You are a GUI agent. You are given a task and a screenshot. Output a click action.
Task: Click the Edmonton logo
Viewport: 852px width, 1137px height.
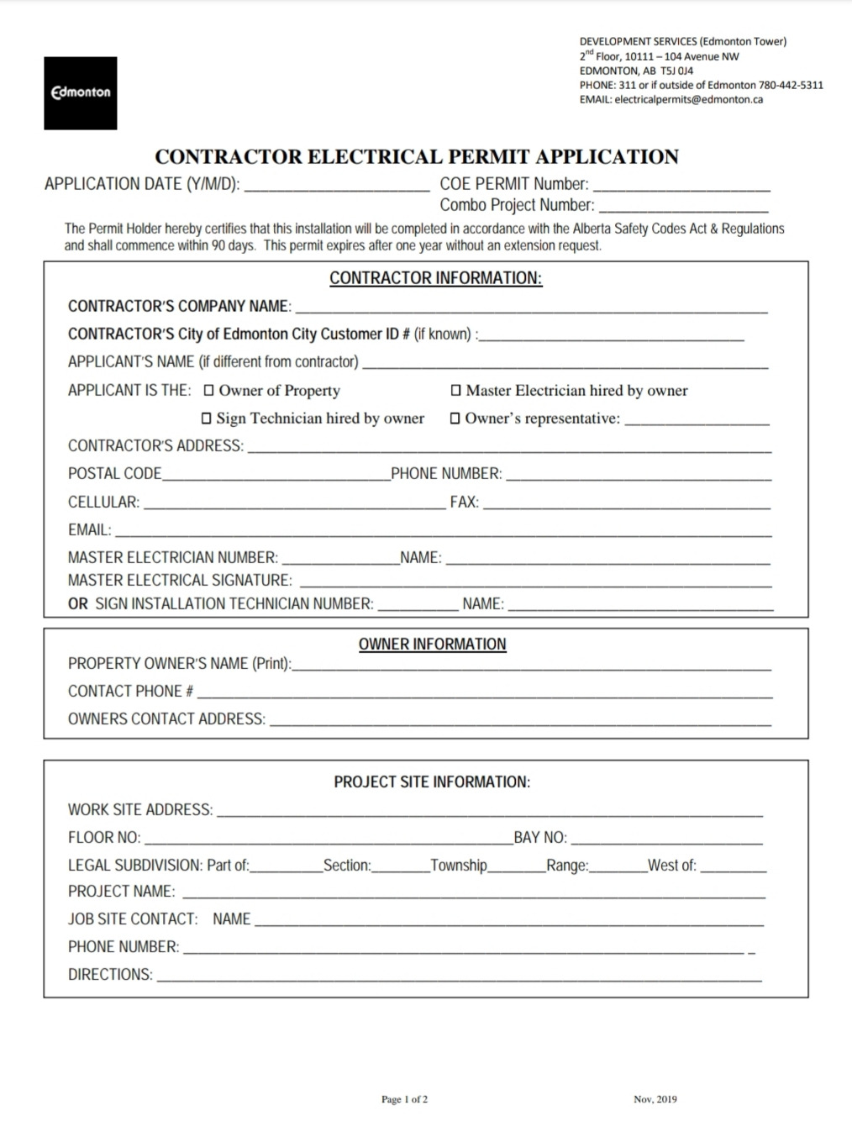tap(81, 92)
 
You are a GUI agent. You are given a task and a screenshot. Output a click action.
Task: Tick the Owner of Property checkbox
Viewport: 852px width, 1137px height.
tap(209, 390)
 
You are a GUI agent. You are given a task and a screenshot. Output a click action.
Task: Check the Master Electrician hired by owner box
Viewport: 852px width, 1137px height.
tap(456, 390)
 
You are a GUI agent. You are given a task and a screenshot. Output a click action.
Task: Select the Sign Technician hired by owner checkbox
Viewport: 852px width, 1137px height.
tap(207, 418)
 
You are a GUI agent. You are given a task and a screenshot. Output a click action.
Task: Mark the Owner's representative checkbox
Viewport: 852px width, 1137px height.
tap(455, 418)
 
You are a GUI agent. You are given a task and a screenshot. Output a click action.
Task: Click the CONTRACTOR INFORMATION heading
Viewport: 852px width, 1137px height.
tap(435, 278)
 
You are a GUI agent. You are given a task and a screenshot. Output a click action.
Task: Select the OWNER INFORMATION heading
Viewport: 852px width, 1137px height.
tap(432, 644)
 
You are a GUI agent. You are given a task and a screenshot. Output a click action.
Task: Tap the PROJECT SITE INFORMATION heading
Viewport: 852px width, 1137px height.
tap(432, 782)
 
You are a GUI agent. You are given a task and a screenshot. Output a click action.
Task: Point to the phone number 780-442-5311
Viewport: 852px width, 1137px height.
tap(791, 85)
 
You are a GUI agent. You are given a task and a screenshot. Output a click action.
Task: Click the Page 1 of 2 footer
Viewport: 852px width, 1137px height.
tap(404, 1099)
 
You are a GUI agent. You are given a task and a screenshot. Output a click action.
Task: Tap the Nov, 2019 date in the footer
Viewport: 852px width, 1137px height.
tap(655, 1099)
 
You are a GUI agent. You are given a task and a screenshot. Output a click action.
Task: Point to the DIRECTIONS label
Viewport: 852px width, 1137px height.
tap(110, 975)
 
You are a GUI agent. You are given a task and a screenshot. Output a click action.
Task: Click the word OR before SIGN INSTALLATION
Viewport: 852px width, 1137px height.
tap(77, 603)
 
